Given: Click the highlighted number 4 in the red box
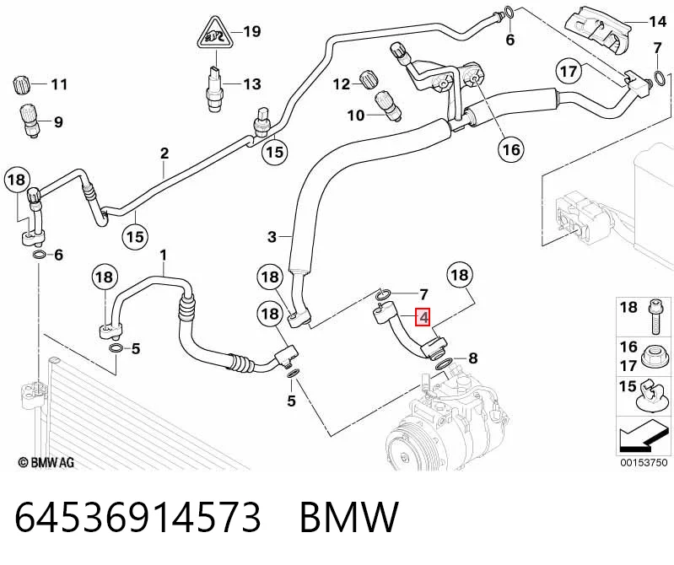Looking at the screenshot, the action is [x=423, y=318].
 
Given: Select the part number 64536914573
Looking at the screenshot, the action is [x=138, y=517].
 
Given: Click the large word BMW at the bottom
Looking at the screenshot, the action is [x=349, y=517].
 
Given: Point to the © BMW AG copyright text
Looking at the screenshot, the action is [x=46, y=462].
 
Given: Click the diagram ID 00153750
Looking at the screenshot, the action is [x=644, y=463].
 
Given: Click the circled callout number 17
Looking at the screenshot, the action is [x=569, y=71].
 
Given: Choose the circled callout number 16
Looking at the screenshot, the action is [x=511, y=149].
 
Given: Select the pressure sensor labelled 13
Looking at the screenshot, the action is [x=215, y=87].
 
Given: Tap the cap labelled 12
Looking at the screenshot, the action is [x=369, y=79].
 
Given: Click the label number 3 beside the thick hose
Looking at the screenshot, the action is [x=272, y=237].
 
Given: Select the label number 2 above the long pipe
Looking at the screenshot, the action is [x=164, y=153].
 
